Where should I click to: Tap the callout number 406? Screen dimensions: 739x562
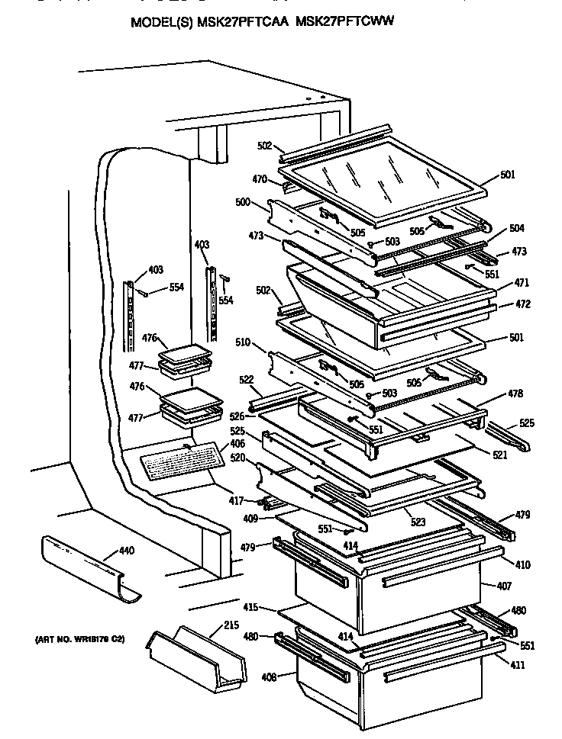tap(237, 444)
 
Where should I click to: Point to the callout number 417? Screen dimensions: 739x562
tap(237, 501)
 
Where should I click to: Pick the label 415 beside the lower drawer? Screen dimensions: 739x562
tap(250, 609)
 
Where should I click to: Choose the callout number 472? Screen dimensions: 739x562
tap(523, 304)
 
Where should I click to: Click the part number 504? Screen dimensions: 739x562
tap(516, 228)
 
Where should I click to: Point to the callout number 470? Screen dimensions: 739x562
tap(260, 180)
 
